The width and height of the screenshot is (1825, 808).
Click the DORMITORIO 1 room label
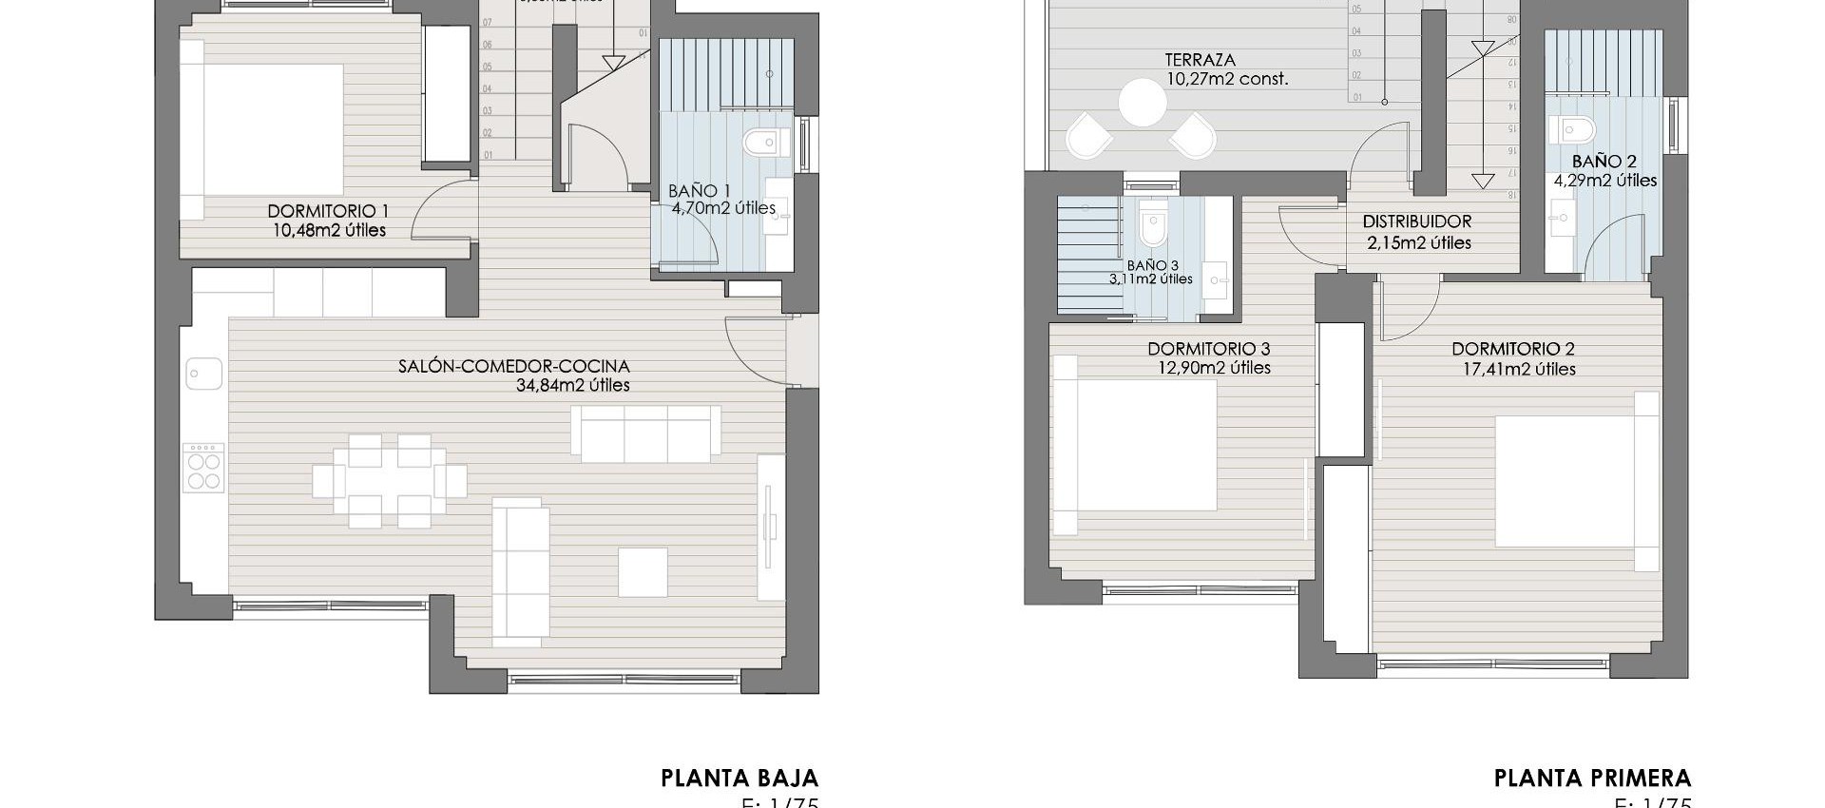pos(328,211)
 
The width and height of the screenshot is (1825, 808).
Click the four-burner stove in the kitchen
pos(203,468)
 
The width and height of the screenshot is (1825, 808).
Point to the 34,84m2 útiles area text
pos(572,385)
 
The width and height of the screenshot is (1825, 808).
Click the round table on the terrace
pos(1142,103)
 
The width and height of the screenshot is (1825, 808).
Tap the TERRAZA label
pos(1200,60)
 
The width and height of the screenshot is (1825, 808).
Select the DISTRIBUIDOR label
pos(1416,221)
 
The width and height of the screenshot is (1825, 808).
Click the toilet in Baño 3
pos(1151,225)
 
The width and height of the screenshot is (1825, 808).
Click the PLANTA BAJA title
pos(739,779)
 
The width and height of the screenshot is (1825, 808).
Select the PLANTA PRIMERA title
pos(1592,779)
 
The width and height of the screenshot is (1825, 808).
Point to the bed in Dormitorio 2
pos(1573,481)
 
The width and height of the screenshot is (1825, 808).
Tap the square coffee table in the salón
pos(643,571)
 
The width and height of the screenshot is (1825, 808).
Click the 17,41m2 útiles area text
pos(1519,369)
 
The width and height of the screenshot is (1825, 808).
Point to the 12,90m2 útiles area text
pos(1214,368)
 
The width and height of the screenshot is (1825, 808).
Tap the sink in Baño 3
pos(1216,280)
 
